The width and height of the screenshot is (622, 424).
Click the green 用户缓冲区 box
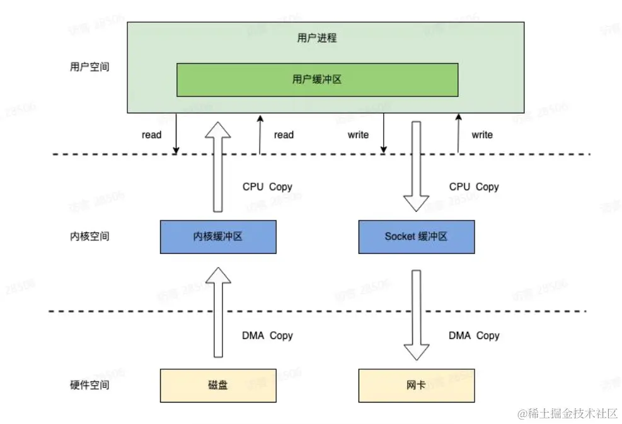click(317, 79)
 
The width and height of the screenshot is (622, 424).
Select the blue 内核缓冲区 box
click(218, 237)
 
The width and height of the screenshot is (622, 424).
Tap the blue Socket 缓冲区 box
click(416, 237)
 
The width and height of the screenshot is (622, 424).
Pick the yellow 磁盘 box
click(218, 385)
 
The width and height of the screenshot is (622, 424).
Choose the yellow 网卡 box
click(416, 385)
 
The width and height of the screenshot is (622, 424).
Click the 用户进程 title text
click(317, 38)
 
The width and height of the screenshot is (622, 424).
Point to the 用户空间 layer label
click(89, 66)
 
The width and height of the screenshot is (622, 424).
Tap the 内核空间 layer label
click(89, 237)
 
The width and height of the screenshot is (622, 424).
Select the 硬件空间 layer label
click(89, 385)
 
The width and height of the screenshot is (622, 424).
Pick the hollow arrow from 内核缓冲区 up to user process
click(218, 167)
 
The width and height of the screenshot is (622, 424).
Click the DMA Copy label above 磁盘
click(267, 335)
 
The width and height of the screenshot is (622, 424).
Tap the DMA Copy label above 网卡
click(474, 335)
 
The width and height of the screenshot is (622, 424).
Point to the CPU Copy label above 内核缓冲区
click(267, 186)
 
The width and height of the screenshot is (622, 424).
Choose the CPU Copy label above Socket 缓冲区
click(474, 186)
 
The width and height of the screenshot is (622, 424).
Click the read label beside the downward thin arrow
click(151, 134)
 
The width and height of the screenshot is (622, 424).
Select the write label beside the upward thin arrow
click(482, 134)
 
